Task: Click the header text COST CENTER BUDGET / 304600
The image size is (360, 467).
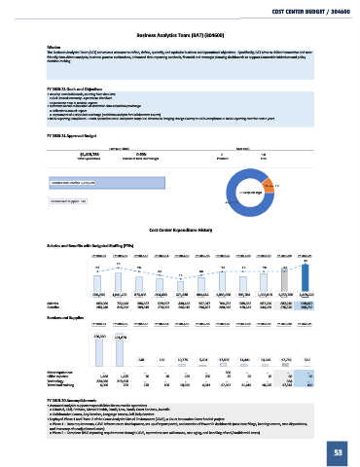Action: coord(303,12)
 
